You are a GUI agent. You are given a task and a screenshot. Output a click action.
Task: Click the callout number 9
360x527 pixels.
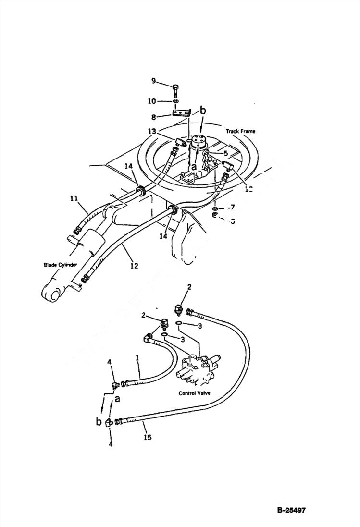tap(154, 81)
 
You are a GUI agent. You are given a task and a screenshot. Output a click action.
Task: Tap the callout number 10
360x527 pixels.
tap(152, 101)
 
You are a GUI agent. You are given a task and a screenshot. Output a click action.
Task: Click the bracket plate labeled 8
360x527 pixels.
tap(181, 114)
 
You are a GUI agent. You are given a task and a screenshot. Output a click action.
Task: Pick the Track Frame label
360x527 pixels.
tap(240, 131)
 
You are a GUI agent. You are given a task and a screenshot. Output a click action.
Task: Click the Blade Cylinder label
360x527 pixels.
tap(61, 265)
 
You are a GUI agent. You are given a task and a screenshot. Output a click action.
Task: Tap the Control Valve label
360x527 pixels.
tap(194, 393)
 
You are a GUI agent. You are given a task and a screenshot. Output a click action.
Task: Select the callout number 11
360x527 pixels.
tap(74, 197)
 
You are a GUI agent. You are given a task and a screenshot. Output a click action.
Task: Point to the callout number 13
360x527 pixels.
tap(152, 131)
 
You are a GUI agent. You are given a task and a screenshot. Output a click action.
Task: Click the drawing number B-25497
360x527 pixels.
tap(291, 510)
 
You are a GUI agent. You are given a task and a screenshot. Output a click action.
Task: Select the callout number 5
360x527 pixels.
tap(225, 153)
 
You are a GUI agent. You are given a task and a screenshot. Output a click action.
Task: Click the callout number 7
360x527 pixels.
tap(233, 207)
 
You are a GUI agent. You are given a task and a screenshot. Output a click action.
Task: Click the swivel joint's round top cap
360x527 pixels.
tap(198, 141)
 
